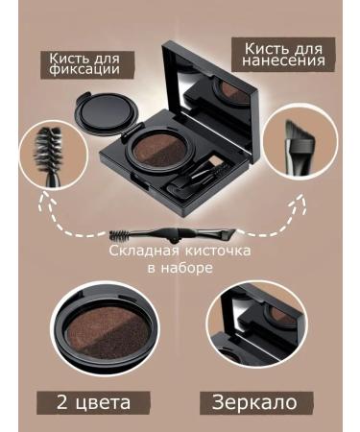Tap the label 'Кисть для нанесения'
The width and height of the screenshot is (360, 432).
[x=285, y=54]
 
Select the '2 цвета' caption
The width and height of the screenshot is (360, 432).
[x=93, y=401]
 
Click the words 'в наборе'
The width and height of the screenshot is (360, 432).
[x=180, y=268]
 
